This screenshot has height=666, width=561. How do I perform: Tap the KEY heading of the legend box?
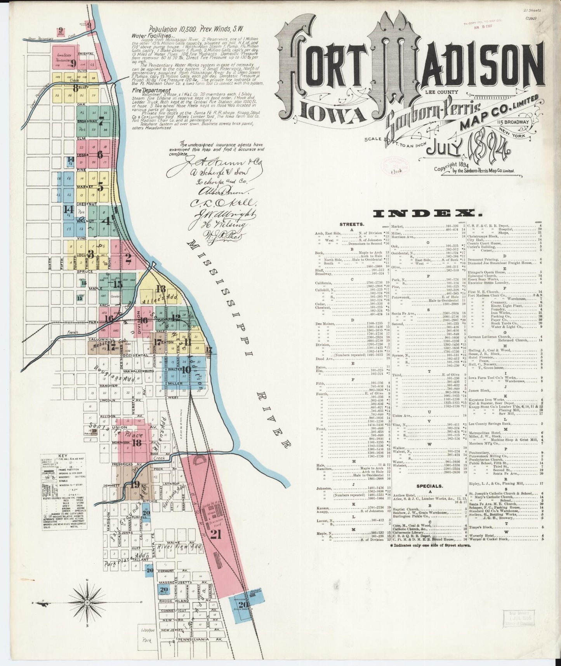point(63,456)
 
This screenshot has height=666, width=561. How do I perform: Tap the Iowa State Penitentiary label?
point(62,58)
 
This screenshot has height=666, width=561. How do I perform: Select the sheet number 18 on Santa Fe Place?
point(137,443)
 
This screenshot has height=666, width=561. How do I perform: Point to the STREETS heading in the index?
point(352,224)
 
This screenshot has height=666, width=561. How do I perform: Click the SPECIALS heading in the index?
point(429,486)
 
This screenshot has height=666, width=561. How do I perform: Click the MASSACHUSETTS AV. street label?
point(175,582)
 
